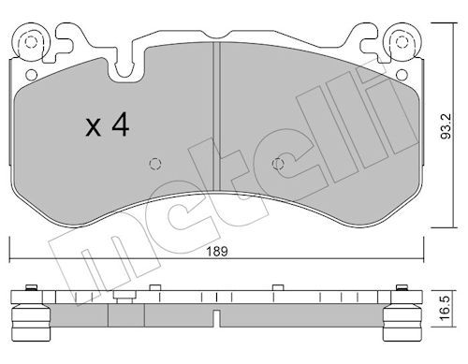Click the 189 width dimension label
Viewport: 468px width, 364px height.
click(217, 251)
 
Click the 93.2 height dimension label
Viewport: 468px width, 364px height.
click(446, 126)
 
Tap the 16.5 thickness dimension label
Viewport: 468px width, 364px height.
click(446, 309)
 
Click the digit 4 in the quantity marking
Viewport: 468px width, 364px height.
click(121, 124)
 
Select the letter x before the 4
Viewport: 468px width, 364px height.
click(94, 127)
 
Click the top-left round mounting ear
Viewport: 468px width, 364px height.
click(31, 42)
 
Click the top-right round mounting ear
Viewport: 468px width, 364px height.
click(402, 42)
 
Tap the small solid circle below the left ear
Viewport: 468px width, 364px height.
click(31, 75)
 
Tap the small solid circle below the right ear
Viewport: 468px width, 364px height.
click(402, 75)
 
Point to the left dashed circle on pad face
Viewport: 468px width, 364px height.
click(155, 164)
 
